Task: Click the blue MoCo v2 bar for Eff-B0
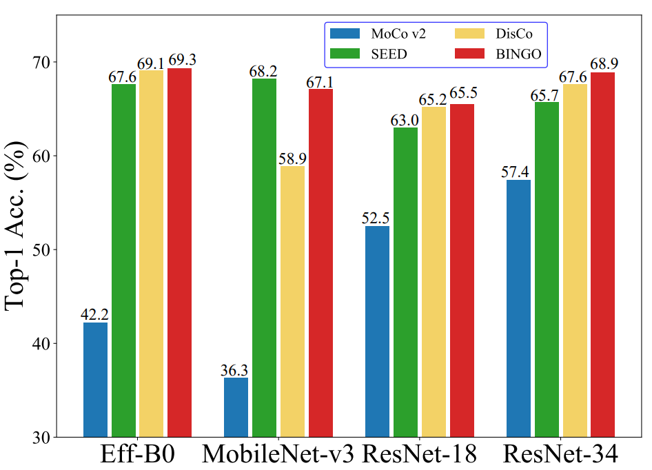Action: (x=95, y=379)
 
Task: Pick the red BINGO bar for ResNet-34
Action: (x=602, y=254)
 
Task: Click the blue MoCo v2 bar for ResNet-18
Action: (x=377, y=331)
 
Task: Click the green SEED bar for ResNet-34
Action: (x=547, y=269)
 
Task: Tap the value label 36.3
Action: (x=236, y=369)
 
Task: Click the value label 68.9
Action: (x=602, y=64)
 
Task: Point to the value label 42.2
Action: (x=95, y=314)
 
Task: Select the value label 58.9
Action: (x=292, y=158)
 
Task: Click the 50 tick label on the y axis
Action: (x=41, y=249)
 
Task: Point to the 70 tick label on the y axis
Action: (x=41, y=62)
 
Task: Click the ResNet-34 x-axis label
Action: (x=560, y=456)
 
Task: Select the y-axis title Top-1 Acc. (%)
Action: (x=19, y=228)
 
